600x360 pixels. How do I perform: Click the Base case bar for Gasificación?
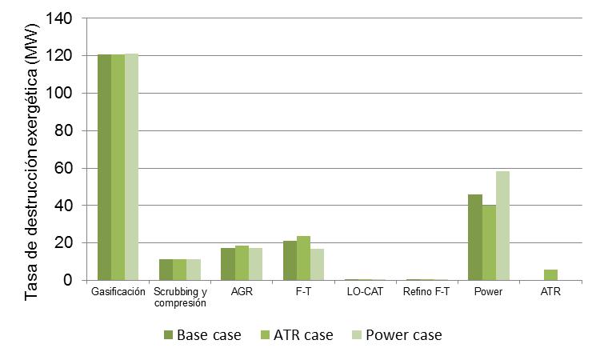click(x=104, y=167)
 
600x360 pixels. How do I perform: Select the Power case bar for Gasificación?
click(x=131, y=167)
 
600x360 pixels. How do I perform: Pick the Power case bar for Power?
click(x=502, y=226)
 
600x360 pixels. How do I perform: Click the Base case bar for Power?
click(x=475, y=238)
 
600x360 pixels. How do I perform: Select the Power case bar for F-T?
click(x=317, y=265)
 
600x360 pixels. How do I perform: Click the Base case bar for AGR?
click(x=228, y=264)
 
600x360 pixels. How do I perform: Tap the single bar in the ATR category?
click(x=550, y=275)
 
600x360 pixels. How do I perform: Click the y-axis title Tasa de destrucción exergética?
click(x=33, y=160)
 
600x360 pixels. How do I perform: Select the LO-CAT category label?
click(x=365, y=292)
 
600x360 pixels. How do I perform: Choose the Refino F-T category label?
click(x=426, y=292)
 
